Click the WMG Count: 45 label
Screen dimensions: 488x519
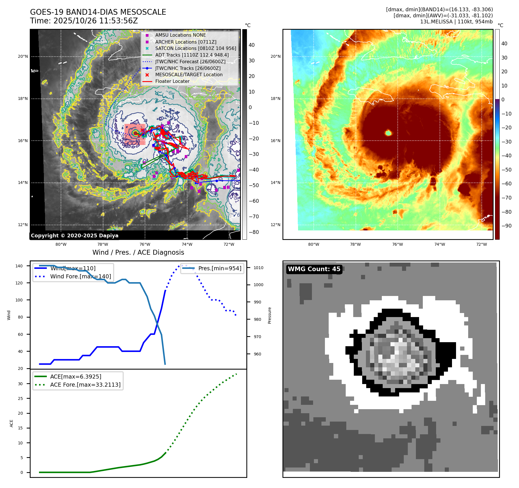[x=314, y=269]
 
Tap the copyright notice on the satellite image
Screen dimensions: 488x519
[x=75, y=236]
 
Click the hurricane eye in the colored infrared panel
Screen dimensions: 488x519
[x=388, y=133]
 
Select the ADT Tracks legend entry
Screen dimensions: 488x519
[x=192, y=55]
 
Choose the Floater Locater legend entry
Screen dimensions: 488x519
[x=172, y=81]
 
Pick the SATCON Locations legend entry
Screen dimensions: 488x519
[x=196, y=48]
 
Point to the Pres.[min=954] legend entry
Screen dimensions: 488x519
[x=219, y=268]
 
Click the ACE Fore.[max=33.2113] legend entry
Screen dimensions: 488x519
[x=85, y=385]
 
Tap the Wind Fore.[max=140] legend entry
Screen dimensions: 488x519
[x=80, y=276]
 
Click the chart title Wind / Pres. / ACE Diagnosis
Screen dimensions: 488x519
[x=138, y=252]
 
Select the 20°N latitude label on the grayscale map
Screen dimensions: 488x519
[x=23, y=56]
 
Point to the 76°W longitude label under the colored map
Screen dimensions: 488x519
[x=397, y=244]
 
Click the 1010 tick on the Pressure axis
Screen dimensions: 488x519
[x=258, y=268]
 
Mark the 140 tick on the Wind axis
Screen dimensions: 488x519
[x=19, y=266]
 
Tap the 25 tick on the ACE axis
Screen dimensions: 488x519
[x=20, y=398]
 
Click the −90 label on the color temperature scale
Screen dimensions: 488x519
[x=506, y=226]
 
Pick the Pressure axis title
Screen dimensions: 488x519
[x=269, y=315]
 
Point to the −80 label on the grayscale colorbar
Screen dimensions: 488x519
[x=254, y=232]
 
